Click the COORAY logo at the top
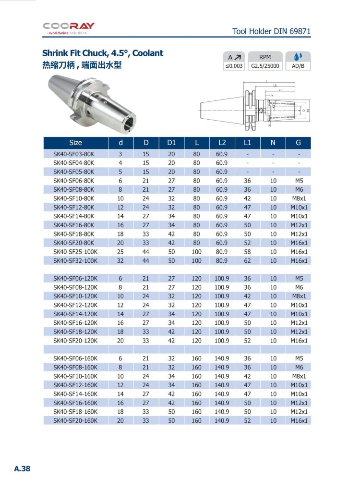pyautogui.click(x=69, y=28)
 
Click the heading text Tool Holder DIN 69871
pyautogui.click(x=271, y=32)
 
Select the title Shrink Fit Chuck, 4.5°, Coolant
pyautogui.click(x=103, y=53)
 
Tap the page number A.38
pyautogui.click(x=22, y=468)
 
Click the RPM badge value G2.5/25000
pyautogui.click(x=265, y=66)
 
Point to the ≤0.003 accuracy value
pyautogui.click(x=234, y=66)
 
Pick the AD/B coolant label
pyautogui.click(x=298, y=66)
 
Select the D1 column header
pyautogui.click(x=171, y=143)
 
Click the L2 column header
pyautogui.click(x=222, y=143)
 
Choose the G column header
pyautogui.click(x=299, y=143)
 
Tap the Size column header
pyautogui.click(x=75, y=143)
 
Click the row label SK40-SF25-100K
pyautogui.click(x=75, y=251)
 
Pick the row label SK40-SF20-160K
pyautogui.click(x=75, y=420)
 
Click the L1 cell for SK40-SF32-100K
pyautogui.click(x=248, y=260)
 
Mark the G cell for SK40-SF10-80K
pyautogui.click(x=299, y=198)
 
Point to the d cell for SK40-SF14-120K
pyautogui.click(x=120, y=314)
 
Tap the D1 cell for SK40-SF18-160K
pyautogui.click(x=171, y=411)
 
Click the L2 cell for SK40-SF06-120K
pyautogui.click(x=222, y=278)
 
